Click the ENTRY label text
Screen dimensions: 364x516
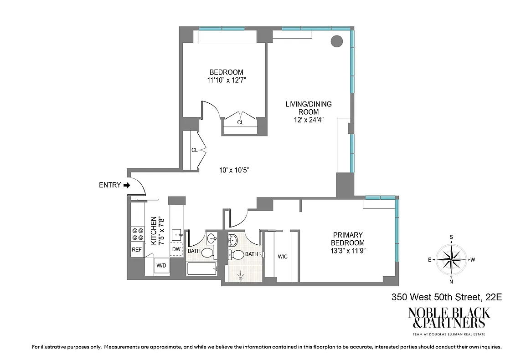coord(110,185)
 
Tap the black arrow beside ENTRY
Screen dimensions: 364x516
coord(127,185)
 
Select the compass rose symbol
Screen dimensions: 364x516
coord(451,259)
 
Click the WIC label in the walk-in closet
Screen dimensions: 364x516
coord(283,257)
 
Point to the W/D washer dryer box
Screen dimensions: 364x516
coord(161,265)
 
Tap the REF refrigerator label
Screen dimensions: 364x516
coord(137,250)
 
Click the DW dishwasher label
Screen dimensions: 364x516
coord(176,249)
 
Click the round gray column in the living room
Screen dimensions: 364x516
coord(336,41)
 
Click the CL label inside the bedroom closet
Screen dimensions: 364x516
coord(240,122)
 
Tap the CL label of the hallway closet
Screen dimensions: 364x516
coord(194,150)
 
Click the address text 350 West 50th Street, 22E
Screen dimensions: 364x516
coord(447,298)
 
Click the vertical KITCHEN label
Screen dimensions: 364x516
coord(154,231)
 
